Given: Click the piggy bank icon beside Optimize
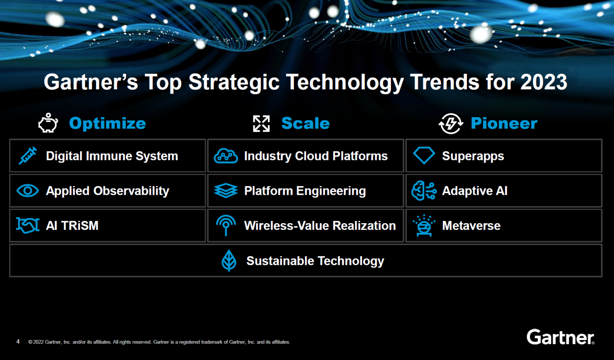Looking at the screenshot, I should pos(48,123).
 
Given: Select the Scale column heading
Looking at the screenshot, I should pos(305,123).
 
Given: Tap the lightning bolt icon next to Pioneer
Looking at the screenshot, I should pos(451,123).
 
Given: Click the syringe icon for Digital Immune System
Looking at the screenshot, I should pos(28,156).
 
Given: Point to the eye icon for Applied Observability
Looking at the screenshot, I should pos(28,191).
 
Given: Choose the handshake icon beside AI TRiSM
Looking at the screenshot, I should pos(28,225).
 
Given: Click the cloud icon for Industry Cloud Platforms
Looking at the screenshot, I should pos(226,156).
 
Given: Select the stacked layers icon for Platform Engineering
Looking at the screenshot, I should pos(226,191).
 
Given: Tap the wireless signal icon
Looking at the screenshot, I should pos(226,225).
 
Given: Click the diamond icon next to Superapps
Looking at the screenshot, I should pos(424,155).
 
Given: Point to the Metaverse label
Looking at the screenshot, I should pos(471,226).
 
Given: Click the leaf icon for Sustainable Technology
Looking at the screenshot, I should pos(229,260).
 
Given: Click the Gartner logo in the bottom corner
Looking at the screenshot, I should pos(560,337).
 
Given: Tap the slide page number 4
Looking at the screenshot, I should pos(18,342).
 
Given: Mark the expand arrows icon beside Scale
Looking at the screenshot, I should pos(261,124).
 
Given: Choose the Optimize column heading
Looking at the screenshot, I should pos(108,123).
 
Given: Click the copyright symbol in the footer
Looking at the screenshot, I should pos(30,342).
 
